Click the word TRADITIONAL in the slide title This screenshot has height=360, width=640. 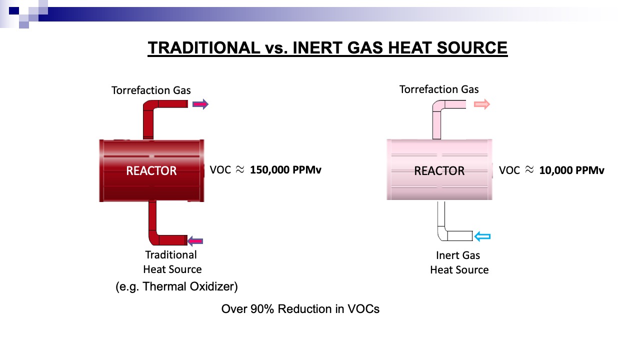tap(203, 47)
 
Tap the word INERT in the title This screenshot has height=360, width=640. tap(317, 47)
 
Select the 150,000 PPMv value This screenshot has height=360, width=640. tap(285, 170)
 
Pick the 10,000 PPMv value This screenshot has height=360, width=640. tap(571, 170)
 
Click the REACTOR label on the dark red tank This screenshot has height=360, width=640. tap(151, 171)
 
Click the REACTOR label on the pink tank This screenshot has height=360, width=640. tap(439, 171)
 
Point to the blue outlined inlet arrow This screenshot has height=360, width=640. tap(482, 236)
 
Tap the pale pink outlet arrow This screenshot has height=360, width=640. tap(482, 104)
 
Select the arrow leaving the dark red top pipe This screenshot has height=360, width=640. tap(200, 104)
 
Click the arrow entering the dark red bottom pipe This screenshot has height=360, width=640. tap(195, 241)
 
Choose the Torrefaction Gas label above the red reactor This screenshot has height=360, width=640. tap(151, 90)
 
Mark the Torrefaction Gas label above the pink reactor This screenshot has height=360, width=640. tap(439, 89)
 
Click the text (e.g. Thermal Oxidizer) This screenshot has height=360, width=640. tap(176, 286)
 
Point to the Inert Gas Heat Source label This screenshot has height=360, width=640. tap(459, 262)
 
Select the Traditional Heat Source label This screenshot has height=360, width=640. tap(172, 262)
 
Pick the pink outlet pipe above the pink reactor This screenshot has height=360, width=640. tap(436, 114)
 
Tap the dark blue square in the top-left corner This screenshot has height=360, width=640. tap(14, 11)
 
